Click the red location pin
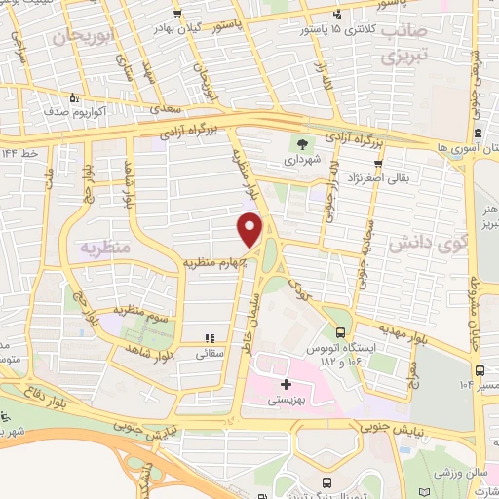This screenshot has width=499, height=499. click(250, 229)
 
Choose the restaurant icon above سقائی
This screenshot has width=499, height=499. click(208, 339)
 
